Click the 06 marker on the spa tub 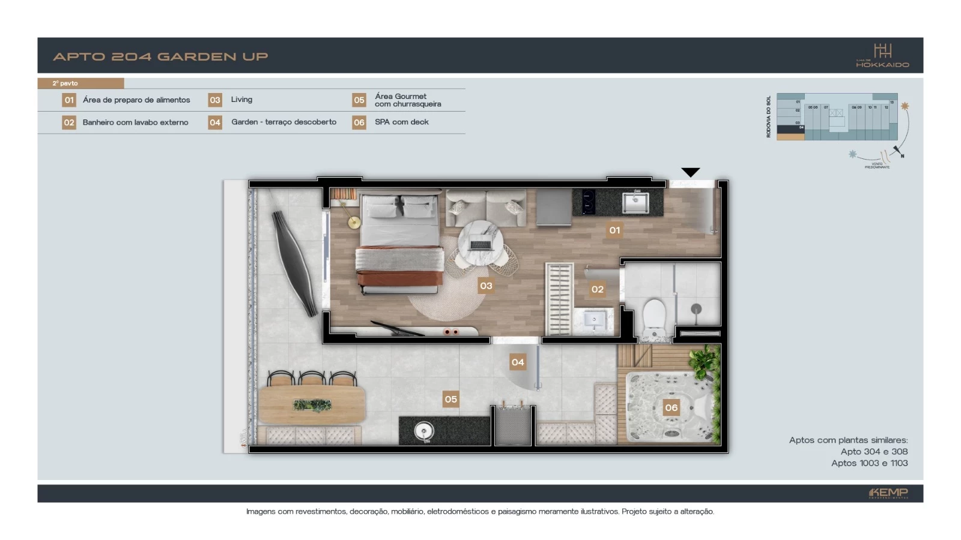click(x=671, y=407)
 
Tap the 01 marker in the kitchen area click(x=614, y=230)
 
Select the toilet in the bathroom click(x=653, y=316)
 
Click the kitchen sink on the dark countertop click(x=635, y=202)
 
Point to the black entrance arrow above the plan click(x=691, y=172)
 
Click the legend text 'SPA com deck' click(x=401, y=122)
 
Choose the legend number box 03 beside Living click(x=215, y=100)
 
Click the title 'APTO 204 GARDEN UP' click(x=160, y=56)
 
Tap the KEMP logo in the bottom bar click(x=888, y=493)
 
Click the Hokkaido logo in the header click(x=882, y=56)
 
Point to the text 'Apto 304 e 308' click(x=874, y=451)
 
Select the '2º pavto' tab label click(x=65, y=83)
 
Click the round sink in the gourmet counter click(x=424, y=431)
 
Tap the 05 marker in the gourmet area click(x=450, y=399)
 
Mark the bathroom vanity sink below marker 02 click(x=593, y=319)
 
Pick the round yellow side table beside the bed click(x=354, y=223)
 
